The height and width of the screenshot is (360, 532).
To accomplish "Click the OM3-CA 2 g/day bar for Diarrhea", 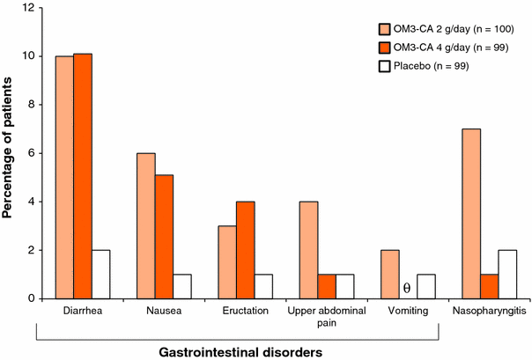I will [63, 178].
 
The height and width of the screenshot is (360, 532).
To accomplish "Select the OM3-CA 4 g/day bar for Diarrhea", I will [83, 177].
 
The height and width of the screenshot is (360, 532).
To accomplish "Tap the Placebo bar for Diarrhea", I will [102, 275].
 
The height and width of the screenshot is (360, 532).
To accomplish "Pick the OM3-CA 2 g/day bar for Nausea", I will [145, 226].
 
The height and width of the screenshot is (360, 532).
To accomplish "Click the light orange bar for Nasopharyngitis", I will [471, 214].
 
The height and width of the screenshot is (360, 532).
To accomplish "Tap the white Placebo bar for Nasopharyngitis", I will [509, 275].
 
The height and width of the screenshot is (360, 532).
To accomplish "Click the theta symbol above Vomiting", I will [407, 288].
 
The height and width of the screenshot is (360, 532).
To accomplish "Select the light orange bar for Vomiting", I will [388, 275].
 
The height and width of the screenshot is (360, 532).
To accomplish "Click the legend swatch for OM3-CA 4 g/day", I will [386, 48].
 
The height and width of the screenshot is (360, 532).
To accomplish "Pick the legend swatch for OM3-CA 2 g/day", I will [386, 29].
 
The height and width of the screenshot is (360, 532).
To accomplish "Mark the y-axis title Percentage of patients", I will [11, 154].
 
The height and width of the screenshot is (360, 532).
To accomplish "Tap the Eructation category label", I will [237, 311].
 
